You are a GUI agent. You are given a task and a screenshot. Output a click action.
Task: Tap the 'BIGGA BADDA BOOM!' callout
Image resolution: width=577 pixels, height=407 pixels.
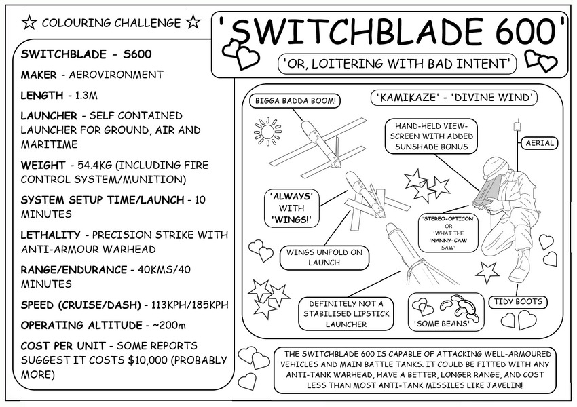pyautogui.click(x=295, y=102)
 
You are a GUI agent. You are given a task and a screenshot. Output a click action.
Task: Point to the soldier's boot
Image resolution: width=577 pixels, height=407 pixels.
pyautogui.click(x=519, y=268)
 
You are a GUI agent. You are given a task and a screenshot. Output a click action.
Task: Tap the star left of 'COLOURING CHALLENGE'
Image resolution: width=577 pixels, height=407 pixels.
pyautogui.click(x=29, y=23)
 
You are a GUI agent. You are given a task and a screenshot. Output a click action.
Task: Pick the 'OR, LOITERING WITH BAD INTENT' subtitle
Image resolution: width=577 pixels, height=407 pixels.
pyautogui.click(x=398, y=64)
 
